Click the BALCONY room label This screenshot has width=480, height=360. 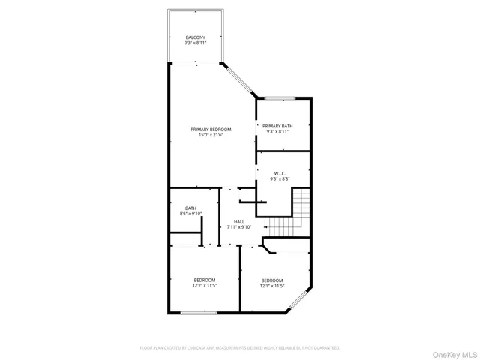(x=195, y=37)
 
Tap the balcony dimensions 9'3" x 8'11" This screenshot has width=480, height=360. (x=195, y=43)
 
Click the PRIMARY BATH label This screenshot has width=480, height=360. (x=277, y=126)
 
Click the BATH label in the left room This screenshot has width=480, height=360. (x=191, y=208)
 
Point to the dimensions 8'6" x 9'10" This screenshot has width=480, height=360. (x=191, y=214)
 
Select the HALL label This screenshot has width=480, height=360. (x=238, y=221)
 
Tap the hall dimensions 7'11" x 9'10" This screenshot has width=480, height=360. (x=238, y=227)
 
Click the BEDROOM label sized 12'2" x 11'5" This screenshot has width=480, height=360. (x=205, y=280)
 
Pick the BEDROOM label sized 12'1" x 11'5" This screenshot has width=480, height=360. (x=271, y=280)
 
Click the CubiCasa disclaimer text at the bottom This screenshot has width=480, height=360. (x=240, y=348)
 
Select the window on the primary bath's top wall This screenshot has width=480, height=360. (x=279, y=97)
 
